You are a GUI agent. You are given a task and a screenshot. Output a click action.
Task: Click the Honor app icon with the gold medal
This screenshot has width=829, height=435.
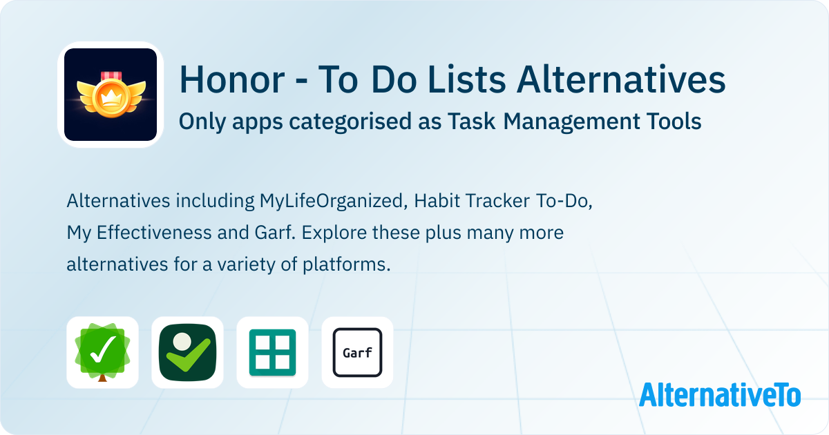(x=111, y=95)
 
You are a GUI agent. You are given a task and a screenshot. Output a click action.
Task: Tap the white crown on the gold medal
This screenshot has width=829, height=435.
(x=111, y=98)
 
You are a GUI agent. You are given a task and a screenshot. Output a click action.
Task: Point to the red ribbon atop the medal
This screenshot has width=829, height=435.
(x=111, y=76)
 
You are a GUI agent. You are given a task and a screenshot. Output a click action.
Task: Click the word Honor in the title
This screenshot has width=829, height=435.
(x=232, y=80)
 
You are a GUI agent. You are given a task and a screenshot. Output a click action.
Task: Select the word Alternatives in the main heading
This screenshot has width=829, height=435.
(x=621, y=79)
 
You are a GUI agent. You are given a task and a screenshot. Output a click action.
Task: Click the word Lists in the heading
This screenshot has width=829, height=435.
(x=466, y=79)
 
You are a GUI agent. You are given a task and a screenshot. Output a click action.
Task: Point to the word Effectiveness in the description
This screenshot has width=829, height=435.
(x=154, y=233)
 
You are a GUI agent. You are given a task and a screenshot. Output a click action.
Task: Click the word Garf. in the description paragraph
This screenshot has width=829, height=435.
(x=275, y=233)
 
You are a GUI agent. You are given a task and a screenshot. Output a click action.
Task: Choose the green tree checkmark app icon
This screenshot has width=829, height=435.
(x=102, y=352)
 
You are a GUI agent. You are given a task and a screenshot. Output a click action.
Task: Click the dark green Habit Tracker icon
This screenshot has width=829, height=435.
(x=188, y=352)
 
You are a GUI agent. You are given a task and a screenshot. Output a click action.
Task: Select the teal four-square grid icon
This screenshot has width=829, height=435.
(x=272, y=352)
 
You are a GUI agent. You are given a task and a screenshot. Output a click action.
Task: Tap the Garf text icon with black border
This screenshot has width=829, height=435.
(x=358, y=352)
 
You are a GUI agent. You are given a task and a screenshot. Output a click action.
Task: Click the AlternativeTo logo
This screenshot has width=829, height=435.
(x=720, y=395)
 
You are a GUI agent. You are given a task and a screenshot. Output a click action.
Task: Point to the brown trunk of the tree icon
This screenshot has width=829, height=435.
(x=102, y=378)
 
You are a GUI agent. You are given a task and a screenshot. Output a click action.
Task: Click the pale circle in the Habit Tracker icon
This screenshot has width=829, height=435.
(x=182, y=341)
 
